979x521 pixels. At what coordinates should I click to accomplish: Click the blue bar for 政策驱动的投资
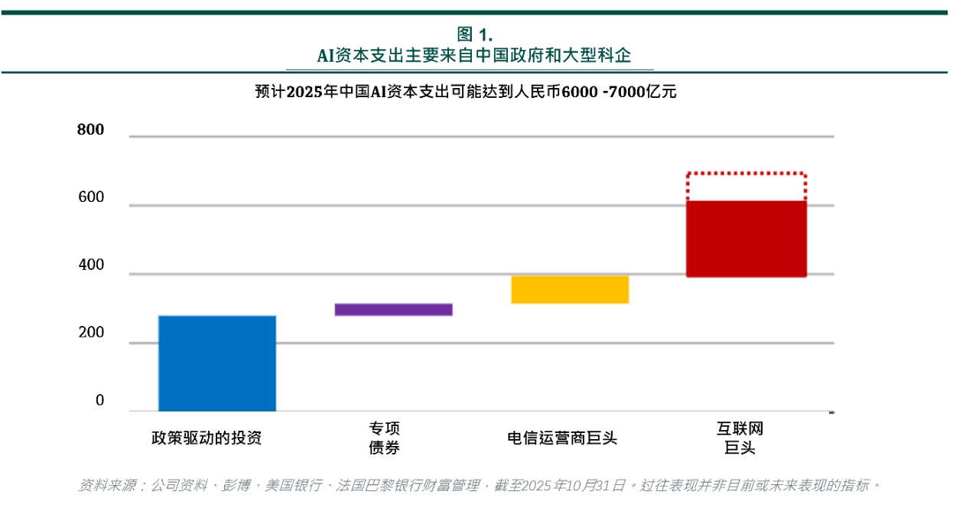pos(217,363)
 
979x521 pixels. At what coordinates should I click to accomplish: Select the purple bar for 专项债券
pos(393,310)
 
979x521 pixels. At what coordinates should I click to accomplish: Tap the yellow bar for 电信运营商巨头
pos(570,290)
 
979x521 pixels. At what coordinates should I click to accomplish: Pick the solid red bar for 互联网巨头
pos(746,239)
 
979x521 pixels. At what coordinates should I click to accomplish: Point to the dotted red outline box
pos(746,185)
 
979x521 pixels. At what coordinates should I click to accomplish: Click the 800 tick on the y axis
pos(90,130)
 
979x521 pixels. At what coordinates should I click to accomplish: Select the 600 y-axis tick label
pos(90,197)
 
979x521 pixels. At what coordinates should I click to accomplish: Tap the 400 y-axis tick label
pos(90,266)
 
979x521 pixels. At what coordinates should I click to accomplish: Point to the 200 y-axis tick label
pos(90,334)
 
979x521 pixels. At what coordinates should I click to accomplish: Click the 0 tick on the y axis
pos(99,401)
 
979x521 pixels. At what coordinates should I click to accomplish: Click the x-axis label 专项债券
pos(385,438)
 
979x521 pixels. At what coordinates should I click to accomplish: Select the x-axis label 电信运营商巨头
pos(562,438)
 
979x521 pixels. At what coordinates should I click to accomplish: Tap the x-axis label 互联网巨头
pos(740,438)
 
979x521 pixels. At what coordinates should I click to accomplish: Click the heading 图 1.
pos(474,34)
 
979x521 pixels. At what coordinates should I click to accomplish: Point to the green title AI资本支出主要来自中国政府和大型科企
pos(474,56)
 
